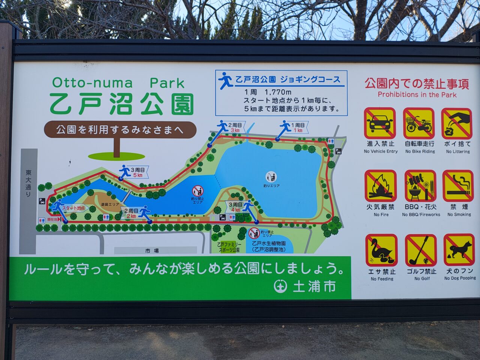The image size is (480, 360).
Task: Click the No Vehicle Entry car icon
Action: [380, 123]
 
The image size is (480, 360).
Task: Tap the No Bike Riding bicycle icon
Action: [419, 123]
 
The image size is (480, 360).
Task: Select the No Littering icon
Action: [457, 123]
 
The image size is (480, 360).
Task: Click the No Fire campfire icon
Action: [381, 186]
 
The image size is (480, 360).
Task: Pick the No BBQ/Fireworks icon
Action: [420, 186]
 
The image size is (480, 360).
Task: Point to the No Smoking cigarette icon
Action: [457, 186]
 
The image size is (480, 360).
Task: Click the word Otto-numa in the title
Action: [92, 82]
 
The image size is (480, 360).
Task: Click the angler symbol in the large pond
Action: [271, 177]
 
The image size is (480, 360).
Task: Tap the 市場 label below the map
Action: [152, 250]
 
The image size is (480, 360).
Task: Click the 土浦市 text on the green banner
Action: [314, 286]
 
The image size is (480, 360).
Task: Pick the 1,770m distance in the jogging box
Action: [278, 92]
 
